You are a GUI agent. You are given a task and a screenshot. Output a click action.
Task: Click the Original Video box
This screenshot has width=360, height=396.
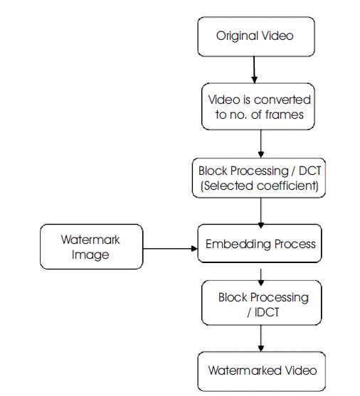pos(256,37)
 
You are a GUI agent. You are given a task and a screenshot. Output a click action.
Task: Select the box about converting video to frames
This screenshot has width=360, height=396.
pos(258,107)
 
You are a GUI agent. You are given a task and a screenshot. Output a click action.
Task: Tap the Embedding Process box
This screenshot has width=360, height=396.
pos(260,243)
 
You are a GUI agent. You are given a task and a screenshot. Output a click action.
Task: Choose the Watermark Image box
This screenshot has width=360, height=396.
pos(92,247)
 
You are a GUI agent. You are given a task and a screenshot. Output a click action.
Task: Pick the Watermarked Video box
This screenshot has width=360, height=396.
pos(261,371)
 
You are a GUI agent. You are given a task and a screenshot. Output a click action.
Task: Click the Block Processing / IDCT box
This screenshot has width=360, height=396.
pos(261,303)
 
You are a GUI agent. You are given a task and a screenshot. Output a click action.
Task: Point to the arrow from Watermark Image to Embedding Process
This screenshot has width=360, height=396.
pos(170,249)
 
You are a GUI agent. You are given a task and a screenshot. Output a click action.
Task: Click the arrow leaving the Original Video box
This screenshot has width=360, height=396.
pos(254,70)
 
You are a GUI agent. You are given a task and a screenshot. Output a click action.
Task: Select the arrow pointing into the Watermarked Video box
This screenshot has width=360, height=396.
pos(261,338)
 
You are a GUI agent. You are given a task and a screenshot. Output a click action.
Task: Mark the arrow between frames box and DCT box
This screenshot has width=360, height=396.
pos(261,144)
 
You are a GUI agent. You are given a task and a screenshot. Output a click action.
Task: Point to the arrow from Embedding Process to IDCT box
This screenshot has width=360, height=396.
pos(261,277)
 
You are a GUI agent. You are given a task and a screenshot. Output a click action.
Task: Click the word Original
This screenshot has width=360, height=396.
pos(237,36)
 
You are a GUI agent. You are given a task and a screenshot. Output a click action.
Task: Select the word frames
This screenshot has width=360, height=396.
pos(284,115)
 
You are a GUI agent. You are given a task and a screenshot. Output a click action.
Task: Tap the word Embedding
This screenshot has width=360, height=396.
pos(238,245)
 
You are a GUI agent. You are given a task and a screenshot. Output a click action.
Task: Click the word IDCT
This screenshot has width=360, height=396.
pos(267,312)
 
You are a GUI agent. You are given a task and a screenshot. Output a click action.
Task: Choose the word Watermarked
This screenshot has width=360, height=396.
pos(245,370)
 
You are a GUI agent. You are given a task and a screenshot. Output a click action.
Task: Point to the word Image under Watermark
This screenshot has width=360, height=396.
pos(90,255)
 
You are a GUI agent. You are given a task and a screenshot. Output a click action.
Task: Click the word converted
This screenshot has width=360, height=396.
pos(282,100)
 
